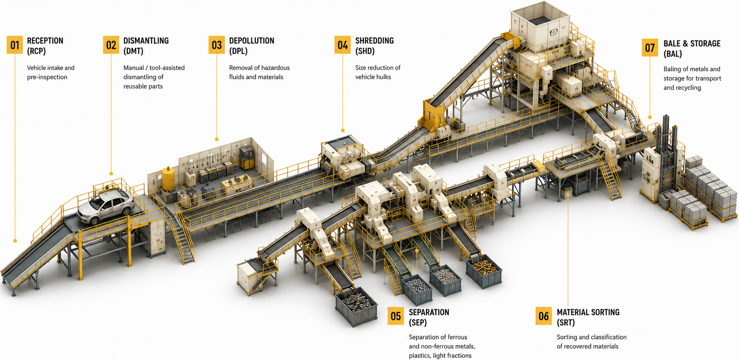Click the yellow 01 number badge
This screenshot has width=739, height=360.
tap(15, 45)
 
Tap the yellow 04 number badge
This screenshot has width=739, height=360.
tap(343, 45)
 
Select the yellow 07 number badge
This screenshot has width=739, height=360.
tap(650, 48)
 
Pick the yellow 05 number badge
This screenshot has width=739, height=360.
tap(396, 316)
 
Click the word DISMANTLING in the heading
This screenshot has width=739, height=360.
tap(146, 41)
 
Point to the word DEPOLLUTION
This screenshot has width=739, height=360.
tap(252, 41)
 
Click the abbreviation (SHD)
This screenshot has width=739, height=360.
tap(365, 51)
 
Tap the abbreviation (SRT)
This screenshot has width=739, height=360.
tap(566, 323)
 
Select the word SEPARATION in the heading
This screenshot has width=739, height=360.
tap(429, 312)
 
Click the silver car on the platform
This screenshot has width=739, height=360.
tap(106, 206)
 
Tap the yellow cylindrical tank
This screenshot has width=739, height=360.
tap(168, 178)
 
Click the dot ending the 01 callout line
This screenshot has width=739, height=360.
tap(15, 241)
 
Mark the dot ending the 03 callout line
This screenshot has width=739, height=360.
tap(217, 139)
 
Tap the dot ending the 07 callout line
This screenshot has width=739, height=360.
tap(650, 117)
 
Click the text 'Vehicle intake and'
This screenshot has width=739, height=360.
tap(51, 68)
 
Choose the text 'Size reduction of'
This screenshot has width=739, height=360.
tap(378, 68)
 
